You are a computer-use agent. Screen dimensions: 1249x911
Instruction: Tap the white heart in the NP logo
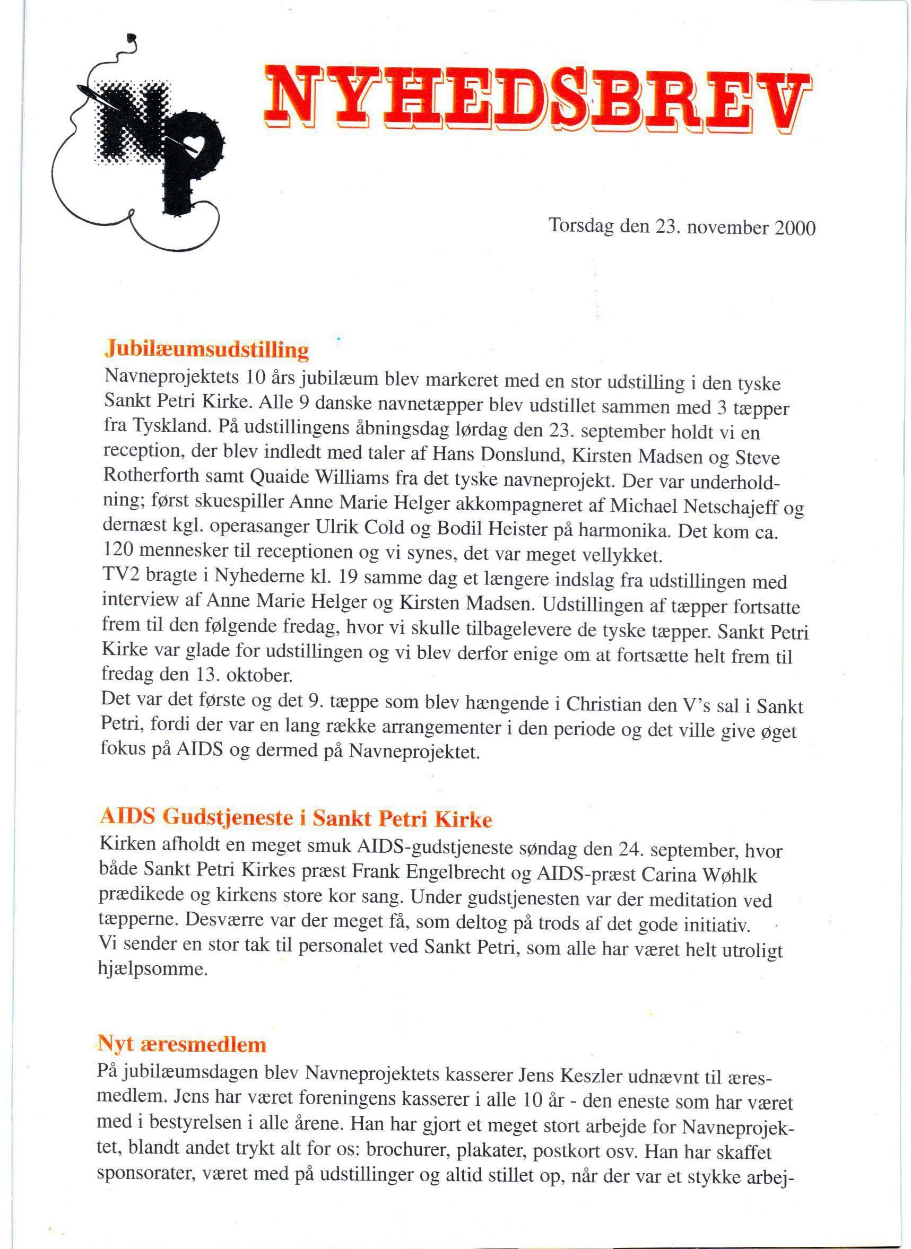tap(196, 144)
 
